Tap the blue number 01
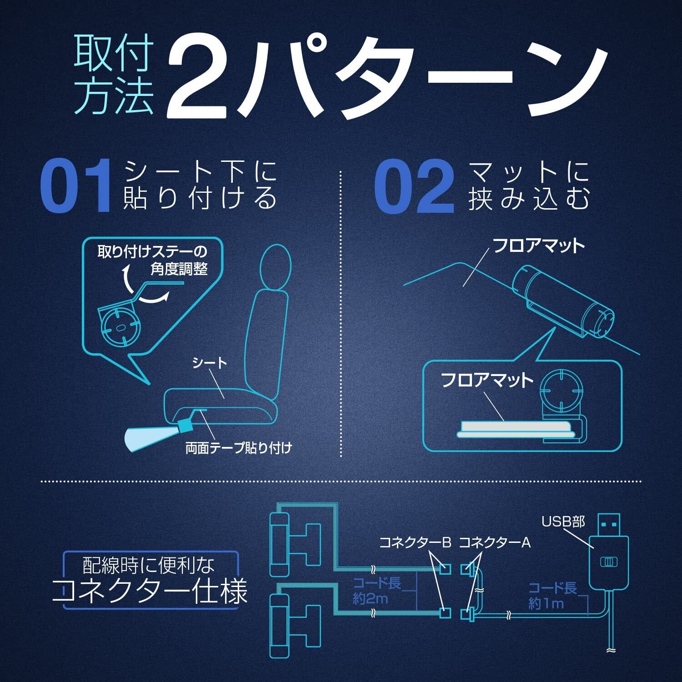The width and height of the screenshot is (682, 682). (76, 186)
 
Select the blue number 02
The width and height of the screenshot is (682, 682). (414, 186)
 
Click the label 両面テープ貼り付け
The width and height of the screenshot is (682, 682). (238, 448)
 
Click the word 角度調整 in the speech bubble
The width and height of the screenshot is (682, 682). (179, 269)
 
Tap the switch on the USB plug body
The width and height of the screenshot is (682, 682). (608, 562)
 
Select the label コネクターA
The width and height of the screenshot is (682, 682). (495, 542)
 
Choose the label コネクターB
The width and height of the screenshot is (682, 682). (415, 542)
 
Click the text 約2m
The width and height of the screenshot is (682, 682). (371, 599)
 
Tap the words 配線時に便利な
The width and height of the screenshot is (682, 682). (149, 565)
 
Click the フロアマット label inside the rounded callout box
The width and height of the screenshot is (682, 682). (487, 380)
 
